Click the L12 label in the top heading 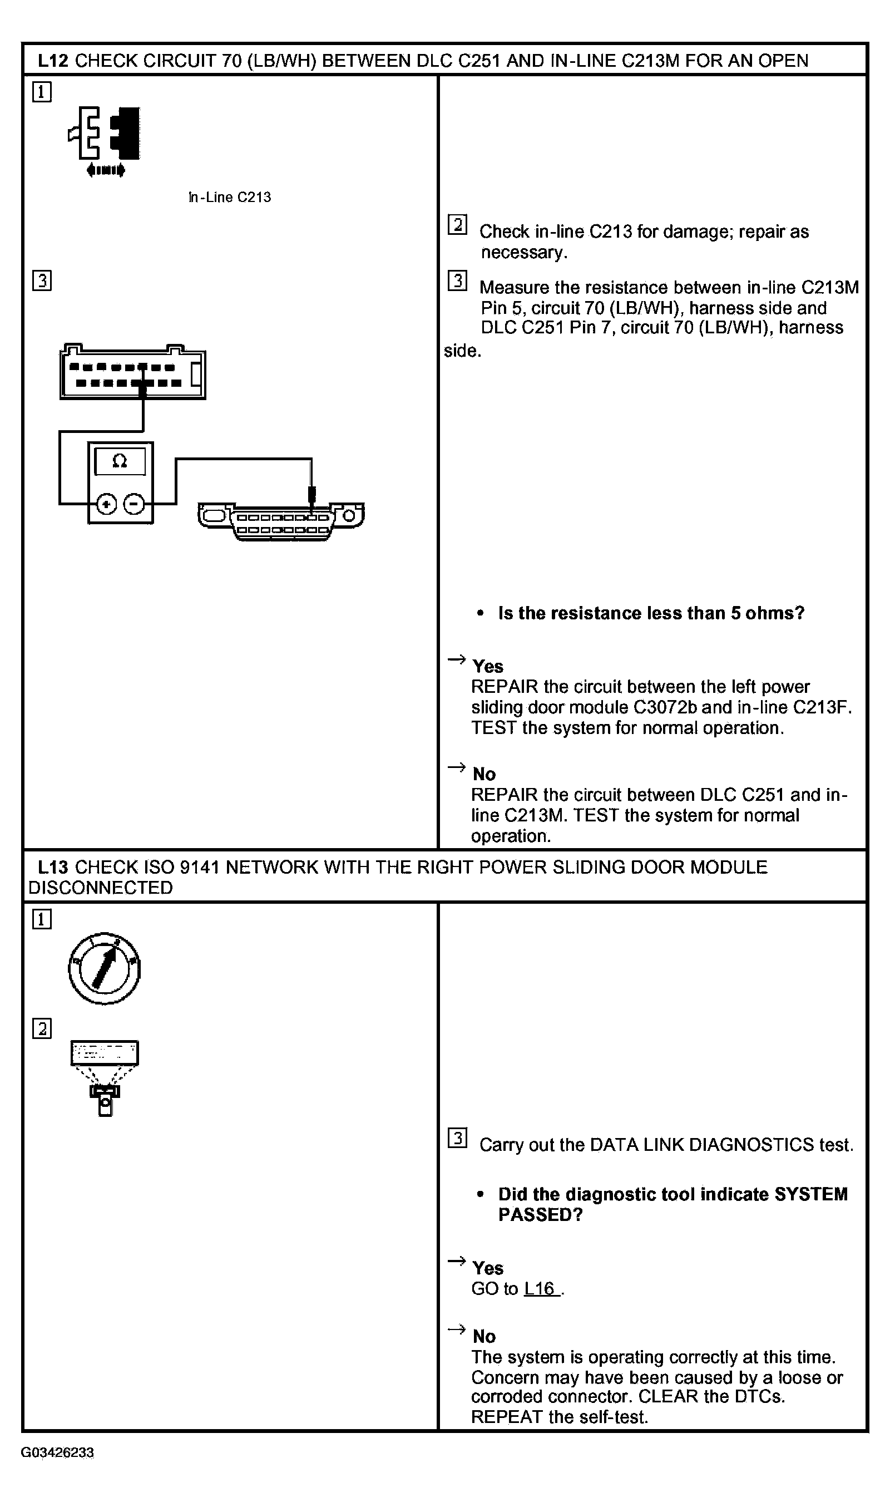click(x=53, y=61)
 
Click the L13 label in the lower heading click(x=53, y=868)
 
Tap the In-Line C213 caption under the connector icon click(x=230, y=198)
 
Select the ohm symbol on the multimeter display click(x=120, y=461)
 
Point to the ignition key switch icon click(x=105, y=969)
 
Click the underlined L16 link click(x=540, y=1288)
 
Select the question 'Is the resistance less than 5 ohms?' click(x=651, y=613)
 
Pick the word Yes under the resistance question click(x=488, y=667)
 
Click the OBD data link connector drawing click(x=281, y=521)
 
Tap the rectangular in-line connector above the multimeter click(x=132, y=372)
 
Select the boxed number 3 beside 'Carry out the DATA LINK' click(x=458, y=1138)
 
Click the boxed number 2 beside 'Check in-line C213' click(x=458, y=224)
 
